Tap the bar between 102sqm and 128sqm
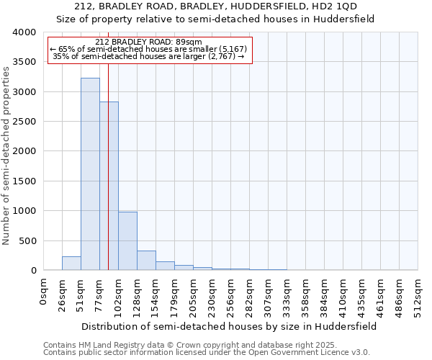click(127, 241)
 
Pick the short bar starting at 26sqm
click(71, 264)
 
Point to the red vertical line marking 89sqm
click(108, 144)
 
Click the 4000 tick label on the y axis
click(24, 32)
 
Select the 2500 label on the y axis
click(24, 122)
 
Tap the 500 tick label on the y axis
click(27, 240)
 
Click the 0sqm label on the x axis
click(43, 289)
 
